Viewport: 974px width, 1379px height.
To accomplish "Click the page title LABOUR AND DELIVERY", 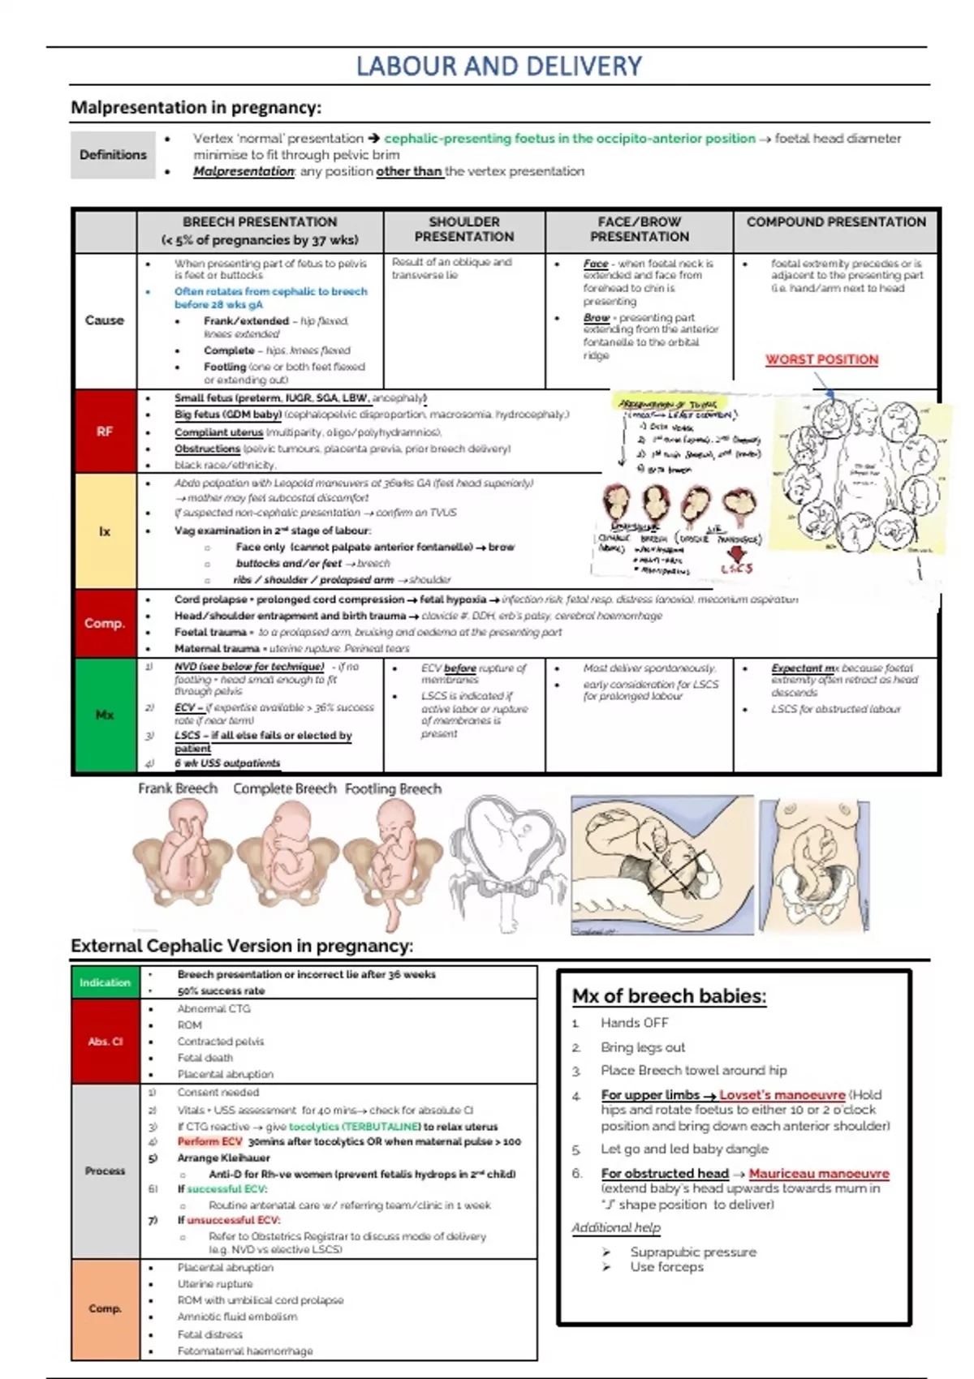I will (498, 67).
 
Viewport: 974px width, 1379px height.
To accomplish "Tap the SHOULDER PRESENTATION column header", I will (464, 229).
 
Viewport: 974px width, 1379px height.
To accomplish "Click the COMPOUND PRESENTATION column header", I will (836, 222).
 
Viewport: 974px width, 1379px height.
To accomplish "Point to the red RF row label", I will (105, 432).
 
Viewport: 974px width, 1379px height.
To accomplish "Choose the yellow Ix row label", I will (105, 531).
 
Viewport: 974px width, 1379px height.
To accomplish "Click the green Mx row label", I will (105, 715).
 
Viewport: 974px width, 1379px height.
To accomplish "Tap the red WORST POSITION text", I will (821, 359).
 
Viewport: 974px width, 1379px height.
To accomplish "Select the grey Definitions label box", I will (113, 155).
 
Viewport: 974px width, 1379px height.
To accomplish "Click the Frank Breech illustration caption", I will (178, 788).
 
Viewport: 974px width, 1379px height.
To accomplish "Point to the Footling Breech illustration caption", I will (393, 788).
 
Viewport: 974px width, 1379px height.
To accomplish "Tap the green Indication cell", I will (105, 982).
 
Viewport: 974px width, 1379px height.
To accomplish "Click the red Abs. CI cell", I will (105, 1042).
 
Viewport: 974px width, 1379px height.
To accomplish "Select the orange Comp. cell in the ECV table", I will (105, 1308).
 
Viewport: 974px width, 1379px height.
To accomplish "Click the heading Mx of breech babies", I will (669, 996).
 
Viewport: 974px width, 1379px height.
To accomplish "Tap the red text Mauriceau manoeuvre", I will (818, 1174).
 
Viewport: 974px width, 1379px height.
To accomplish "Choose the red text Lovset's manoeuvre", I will (782, 1095).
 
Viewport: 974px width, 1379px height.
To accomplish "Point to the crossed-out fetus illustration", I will (662, 865).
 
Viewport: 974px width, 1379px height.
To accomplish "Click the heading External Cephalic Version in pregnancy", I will (242, 946).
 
